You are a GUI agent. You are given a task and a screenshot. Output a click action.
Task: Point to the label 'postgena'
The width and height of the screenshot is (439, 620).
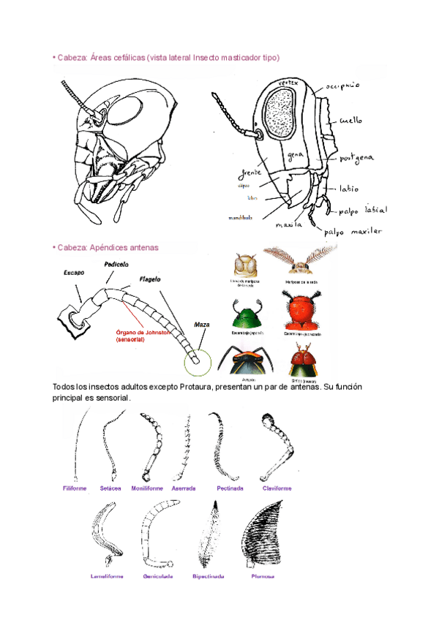358,157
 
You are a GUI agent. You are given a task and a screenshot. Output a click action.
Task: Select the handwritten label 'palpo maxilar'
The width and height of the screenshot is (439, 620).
354,232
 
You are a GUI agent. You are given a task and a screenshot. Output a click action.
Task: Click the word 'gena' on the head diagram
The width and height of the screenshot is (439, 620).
296,156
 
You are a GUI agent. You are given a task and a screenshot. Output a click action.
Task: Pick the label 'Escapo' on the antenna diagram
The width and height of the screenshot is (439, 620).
74,272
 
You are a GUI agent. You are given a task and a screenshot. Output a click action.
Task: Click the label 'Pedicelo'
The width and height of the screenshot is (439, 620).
116,263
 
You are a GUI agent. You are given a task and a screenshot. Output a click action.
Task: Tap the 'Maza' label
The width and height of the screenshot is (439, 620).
202,324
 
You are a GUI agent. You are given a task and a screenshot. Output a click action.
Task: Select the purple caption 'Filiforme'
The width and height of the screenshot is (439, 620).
75,488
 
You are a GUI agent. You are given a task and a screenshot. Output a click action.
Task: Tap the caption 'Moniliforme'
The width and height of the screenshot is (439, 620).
147,488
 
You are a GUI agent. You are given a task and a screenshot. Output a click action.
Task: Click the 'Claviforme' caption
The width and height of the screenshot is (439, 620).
277,488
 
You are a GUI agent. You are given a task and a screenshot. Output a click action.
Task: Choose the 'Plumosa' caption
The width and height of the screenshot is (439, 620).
262,576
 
